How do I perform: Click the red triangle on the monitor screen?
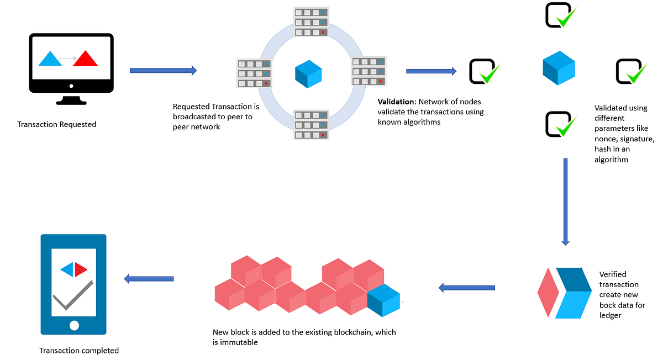pos(85,59)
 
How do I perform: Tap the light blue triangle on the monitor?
pos(50,59)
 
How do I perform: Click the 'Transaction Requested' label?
pos(56,124)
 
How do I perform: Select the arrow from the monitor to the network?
pos(163,71)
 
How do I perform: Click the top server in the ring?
pos(311,22)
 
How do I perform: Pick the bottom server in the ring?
pos(311,125)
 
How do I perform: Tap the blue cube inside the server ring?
pos(308,74)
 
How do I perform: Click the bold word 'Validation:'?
pos(397,102)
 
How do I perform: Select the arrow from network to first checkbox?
pos(432,71)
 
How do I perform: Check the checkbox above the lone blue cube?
pos(561,15)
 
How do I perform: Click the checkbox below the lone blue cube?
pos(561,124)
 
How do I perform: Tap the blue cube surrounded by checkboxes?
pos(559,68)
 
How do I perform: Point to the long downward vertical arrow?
pos(565,202)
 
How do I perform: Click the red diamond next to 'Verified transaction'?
pos(548,292)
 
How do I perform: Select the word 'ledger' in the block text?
pos(610,315)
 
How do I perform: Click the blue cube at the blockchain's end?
pos(383,300)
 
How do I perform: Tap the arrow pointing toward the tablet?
pos(149,279)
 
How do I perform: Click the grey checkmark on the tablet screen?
pos(73,295)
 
